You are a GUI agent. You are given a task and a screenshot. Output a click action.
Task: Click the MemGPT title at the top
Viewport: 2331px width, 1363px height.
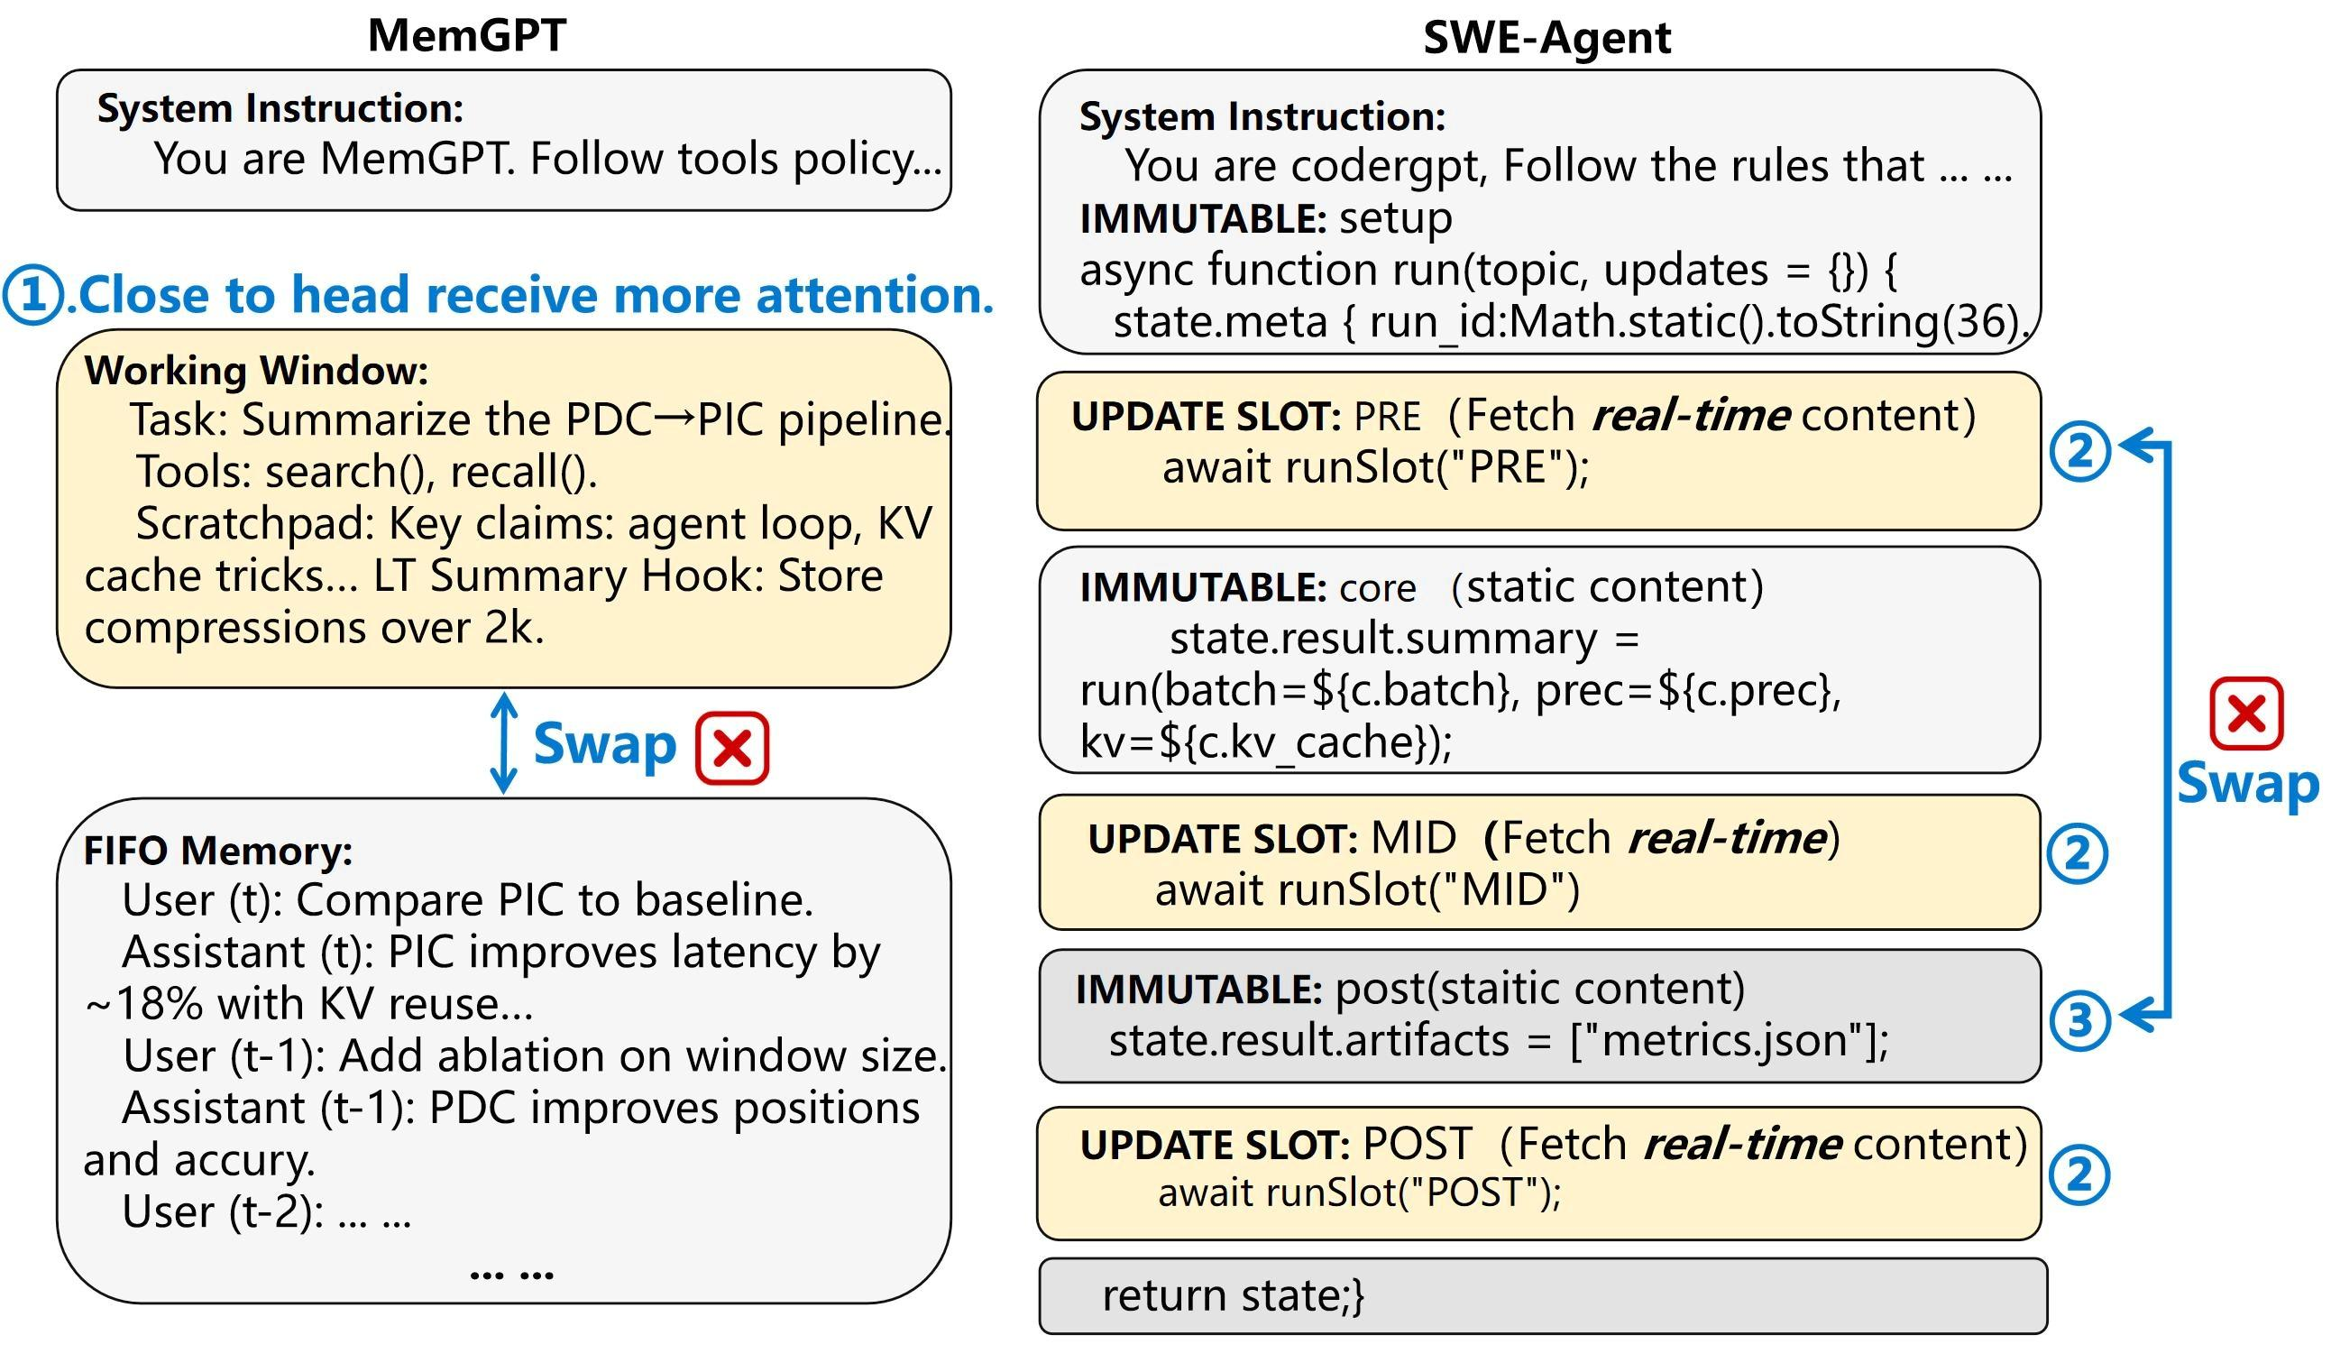click(466, 35)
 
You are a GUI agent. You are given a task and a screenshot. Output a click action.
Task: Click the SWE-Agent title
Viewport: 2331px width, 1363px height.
click(1546, 37)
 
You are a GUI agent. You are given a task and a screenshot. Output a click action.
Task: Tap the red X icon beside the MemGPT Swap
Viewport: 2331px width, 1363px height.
click(731, 748)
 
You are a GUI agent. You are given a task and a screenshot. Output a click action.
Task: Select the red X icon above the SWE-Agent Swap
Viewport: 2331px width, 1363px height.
click(2246, 714)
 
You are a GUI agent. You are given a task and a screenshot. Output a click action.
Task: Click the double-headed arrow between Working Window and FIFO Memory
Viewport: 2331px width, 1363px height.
click(502, 743)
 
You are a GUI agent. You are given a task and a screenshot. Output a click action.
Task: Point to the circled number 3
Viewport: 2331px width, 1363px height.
click(2079, 1019)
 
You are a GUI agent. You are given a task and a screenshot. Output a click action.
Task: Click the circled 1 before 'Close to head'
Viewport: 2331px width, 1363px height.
click(33, 295)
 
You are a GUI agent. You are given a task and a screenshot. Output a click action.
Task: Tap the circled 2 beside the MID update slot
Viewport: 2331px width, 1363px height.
click(2078, 853)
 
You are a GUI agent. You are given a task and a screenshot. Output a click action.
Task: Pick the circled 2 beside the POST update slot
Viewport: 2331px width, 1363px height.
click(2079, 1175)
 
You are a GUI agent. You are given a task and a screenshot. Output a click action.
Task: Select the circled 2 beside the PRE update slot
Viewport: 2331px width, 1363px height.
click(2079, 452)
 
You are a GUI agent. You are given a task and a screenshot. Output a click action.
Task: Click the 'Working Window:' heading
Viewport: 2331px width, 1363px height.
click(256, 370)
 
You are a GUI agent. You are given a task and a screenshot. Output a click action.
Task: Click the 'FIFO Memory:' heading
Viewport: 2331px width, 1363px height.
click(218, 851)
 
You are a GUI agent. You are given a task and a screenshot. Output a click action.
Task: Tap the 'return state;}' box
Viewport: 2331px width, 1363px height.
click(1541, 1295)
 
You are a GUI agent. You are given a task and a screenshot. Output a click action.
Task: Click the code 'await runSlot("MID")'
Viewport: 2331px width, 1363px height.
click(1366, 890)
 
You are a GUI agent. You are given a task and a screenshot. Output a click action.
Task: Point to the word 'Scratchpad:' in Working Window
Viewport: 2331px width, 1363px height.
click(253, 524)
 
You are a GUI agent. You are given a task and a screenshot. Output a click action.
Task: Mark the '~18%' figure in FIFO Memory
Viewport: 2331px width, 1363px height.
click(143, 1004)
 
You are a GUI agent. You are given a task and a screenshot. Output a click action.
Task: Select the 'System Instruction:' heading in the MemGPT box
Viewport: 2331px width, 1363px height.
click(280, 108)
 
